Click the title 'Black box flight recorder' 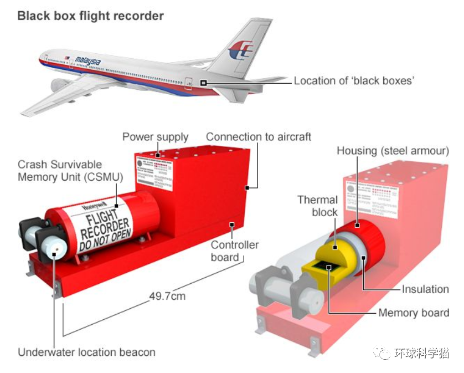(90, 16)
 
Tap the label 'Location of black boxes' (354, 81)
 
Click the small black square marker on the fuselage (204, 83)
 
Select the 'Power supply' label (155, 137)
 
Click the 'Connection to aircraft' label (259, 137)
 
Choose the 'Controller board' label (234, 251)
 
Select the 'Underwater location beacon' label (86, 352)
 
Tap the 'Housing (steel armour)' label (393, 151)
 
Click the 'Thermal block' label (317, 206)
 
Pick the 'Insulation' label (425, 289)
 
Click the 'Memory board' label (414, 313)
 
